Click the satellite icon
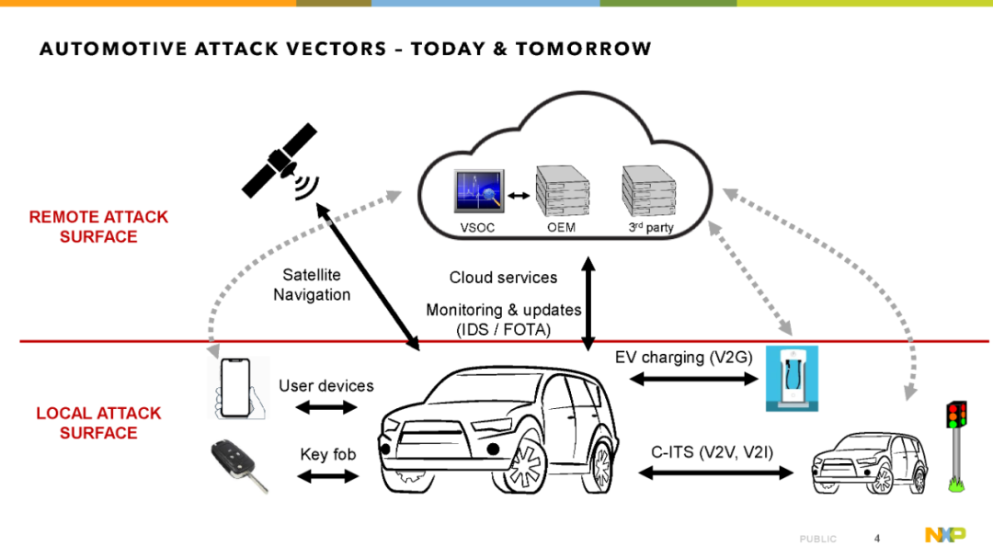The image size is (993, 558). click(280, 162)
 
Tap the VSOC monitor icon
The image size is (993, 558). click(479, 190)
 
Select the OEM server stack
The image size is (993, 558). click(563, 190)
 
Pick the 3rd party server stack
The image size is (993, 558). click(649, 190)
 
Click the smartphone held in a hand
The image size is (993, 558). click(237, 388)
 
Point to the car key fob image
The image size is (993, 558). click(239, 465)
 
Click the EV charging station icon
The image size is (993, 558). click(792, 378)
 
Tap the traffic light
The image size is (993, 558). click(956, 446)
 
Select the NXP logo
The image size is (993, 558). click(945, 535)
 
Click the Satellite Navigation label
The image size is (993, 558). click(312, 284)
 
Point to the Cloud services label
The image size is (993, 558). click(504, 278)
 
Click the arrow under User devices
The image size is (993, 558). click(326, 407)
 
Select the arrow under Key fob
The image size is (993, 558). click(328, 475)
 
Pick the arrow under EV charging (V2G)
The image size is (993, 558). click(693, 379)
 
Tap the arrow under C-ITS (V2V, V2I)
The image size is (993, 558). click(715, 473)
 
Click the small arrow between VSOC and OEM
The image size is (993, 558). click(519, 196)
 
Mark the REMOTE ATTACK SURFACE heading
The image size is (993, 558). click(98, 227)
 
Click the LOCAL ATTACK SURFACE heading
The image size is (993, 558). click(98, 423)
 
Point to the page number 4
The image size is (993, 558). click(877, 539)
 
